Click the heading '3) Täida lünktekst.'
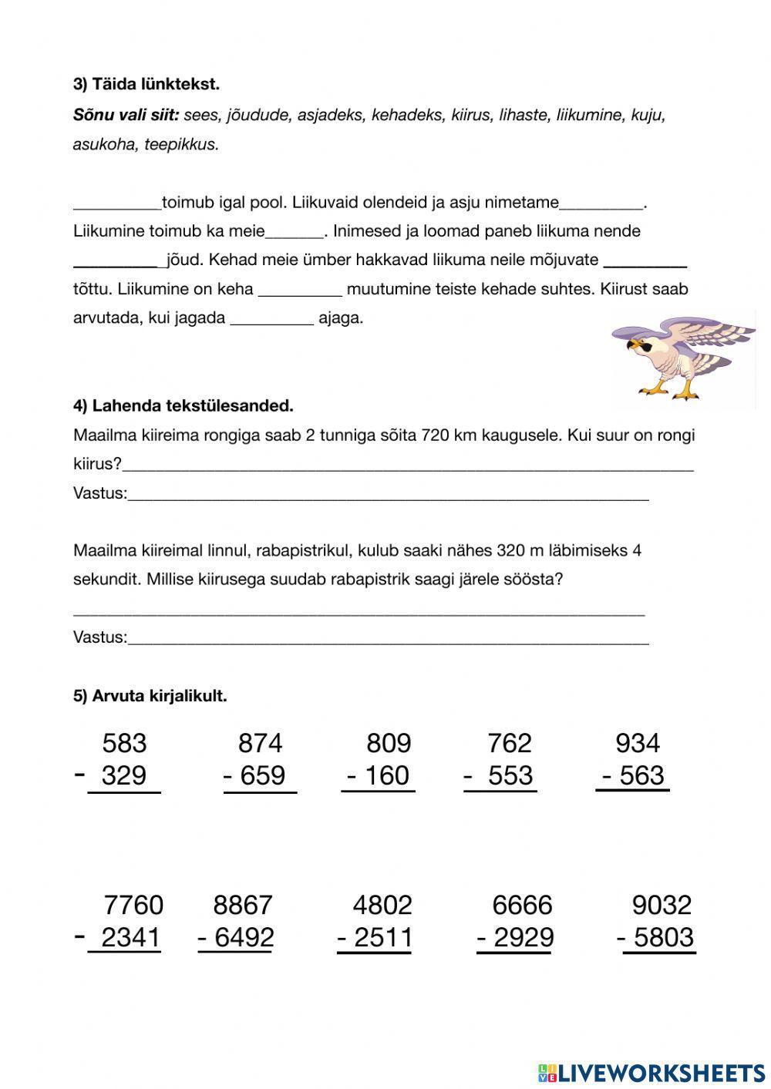[146, 84]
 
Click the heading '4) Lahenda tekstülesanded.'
[183, 405]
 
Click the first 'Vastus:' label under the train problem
[99, 493]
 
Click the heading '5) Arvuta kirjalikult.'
[150, 696]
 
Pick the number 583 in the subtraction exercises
[124, 743]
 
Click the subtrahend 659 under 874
[262, 775]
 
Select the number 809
[389, 743]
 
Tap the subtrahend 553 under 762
[510, 775]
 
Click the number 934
[638, 743]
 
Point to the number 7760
[133, 904]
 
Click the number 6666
[522, 904]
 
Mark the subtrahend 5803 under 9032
[663, 937]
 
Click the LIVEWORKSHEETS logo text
[662, 1072]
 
